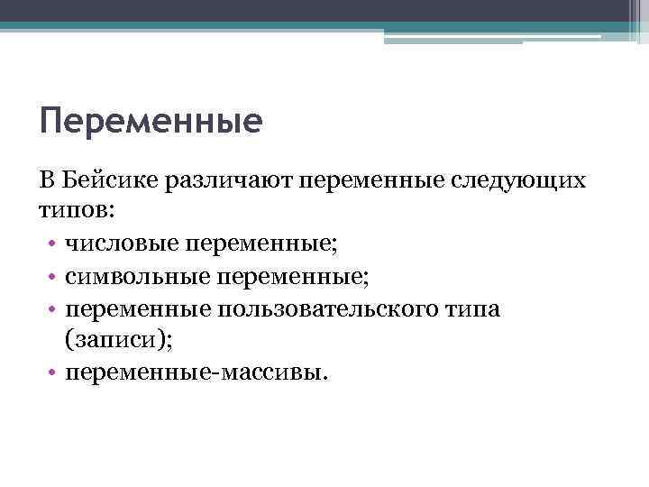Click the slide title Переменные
151,121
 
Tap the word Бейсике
108,180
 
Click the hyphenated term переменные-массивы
192,373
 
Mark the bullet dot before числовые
53,245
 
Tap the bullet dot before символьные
53,278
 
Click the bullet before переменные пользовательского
53,310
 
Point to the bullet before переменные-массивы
53,374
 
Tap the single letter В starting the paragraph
48,180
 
